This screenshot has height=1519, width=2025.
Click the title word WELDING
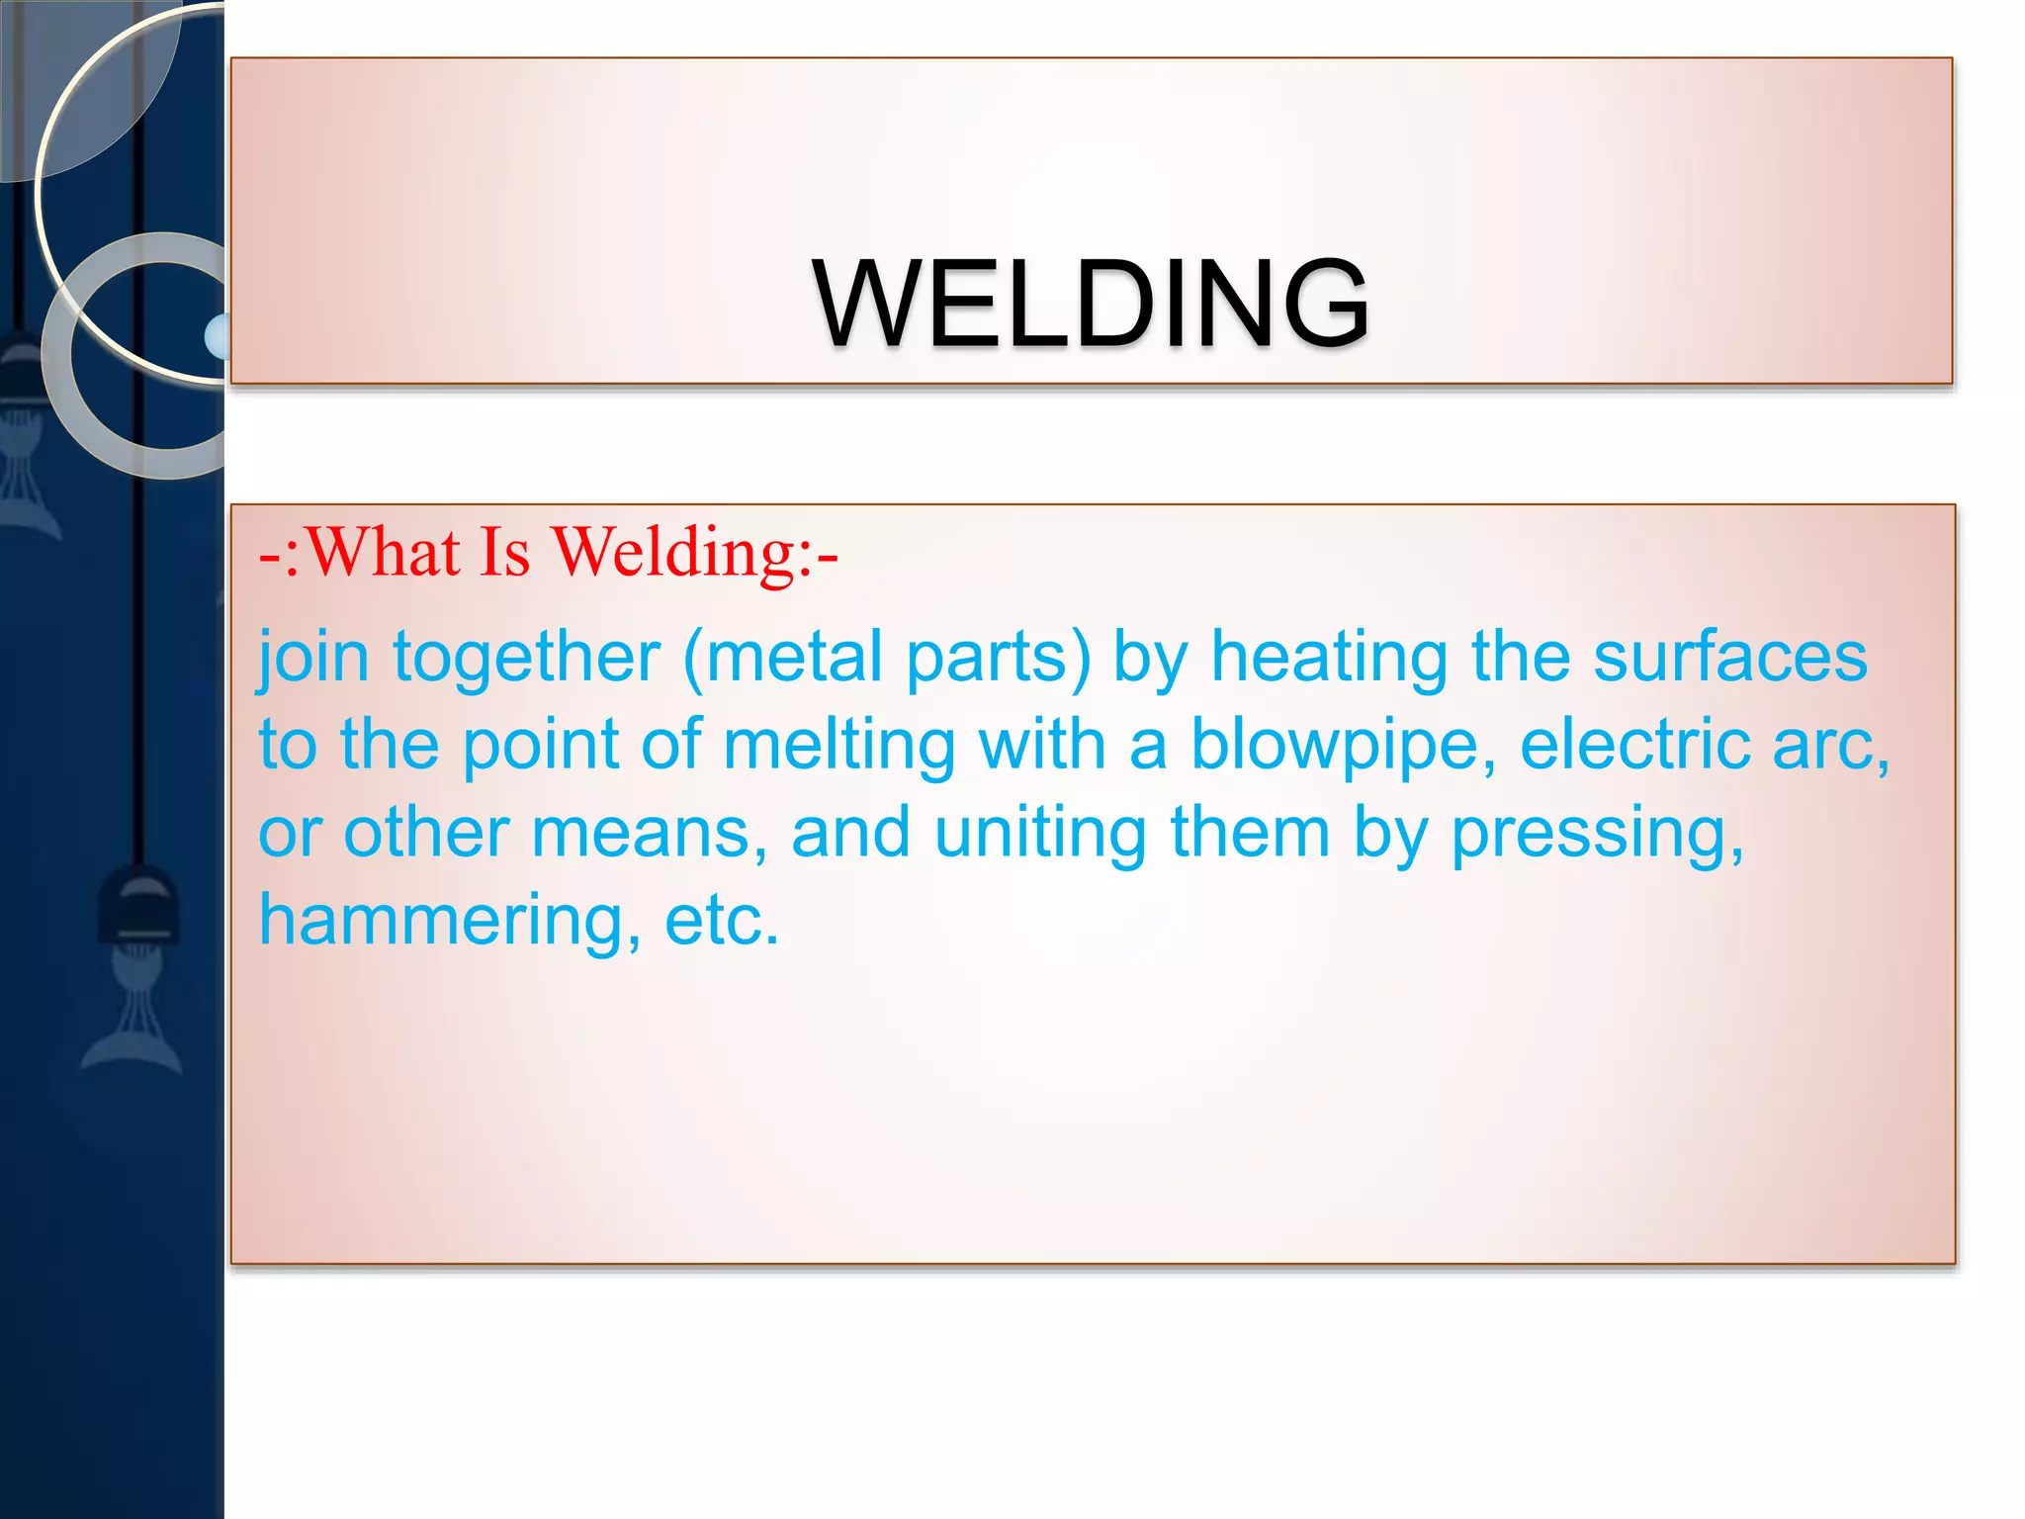[1091, 304]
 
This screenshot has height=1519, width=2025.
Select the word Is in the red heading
[504, 552]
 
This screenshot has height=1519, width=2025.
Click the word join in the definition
[313, 658]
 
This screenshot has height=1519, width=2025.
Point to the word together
[526, 658]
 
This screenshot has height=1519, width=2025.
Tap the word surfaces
[1729, 658]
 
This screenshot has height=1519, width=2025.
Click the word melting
[838, 745]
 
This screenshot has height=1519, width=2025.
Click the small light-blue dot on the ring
[218, 336]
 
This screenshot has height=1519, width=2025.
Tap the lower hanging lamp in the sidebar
[138, 910]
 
